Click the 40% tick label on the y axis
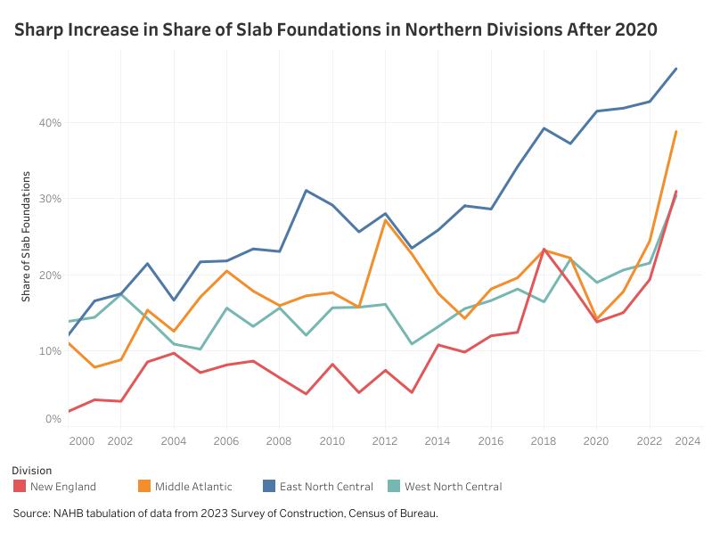50,122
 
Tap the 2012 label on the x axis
384,440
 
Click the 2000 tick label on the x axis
80,440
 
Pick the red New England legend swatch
19,487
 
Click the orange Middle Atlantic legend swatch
143,487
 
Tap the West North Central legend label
453,487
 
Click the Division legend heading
32,470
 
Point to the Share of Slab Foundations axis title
27,235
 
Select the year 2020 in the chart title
634,29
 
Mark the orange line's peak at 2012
384,219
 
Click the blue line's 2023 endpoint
676,69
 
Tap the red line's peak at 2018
544,250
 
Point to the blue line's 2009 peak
306,190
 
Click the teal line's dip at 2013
411,343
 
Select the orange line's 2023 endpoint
676,131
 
